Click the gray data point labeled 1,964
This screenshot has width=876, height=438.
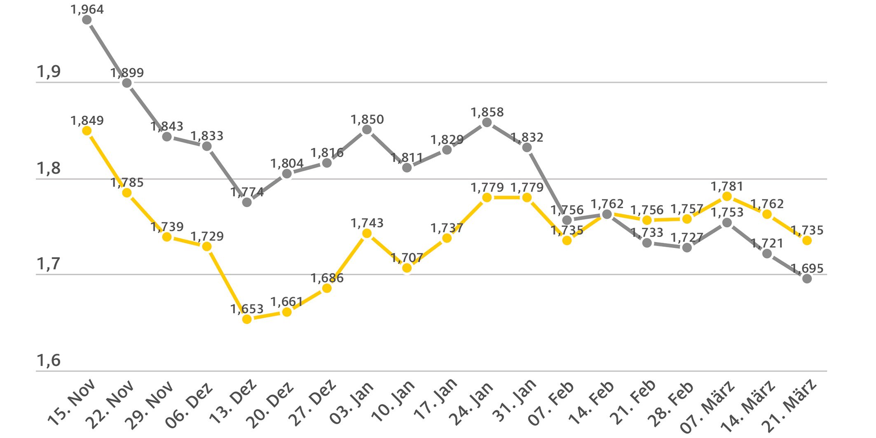[87, 20]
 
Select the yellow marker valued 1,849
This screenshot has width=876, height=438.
[87, 131]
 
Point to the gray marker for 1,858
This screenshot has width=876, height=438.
[487, 122]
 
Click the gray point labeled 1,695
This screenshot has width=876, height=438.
[807, 279]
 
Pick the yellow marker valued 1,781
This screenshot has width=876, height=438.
[727, 197]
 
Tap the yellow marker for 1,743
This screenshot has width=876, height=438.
[367, 234]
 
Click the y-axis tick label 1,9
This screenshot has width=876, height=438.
[49, 72]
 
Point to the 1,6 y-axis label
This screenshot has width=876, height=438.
[49, 361]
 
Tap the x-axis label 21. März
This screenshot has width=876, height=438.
[789, 406]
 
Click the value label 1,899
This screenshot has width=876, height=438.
[127, 73]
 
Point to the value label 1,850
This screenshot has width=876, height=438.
[367, 119]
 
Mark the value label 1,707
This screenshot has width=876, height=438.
[407, 258]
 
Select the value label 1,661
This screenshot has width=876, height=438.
[287, 302]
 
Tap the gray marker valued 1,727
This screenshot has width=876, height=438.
[687, 248]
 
